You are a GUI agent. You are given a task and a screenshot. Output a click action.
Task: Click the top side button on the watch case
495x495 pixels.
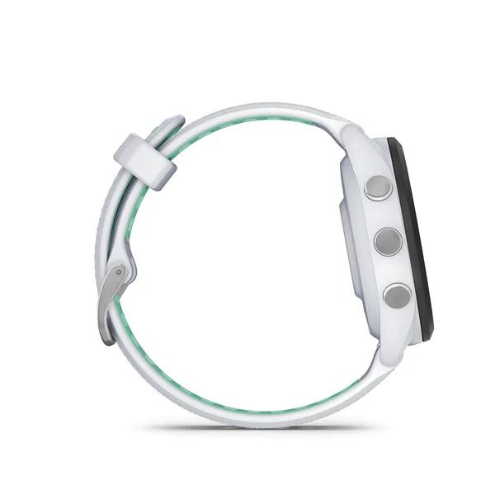[379, 186]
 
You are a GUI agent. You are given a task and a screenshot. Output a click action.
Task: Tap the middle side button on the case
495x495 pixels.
[387, 241]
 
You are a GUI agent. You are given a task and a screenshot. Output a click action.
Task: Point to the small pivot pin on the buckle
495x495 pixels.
[120, 271]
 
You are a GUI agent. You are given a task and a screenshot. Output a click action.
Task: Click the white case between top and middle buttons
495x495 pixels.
[381, 214]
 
